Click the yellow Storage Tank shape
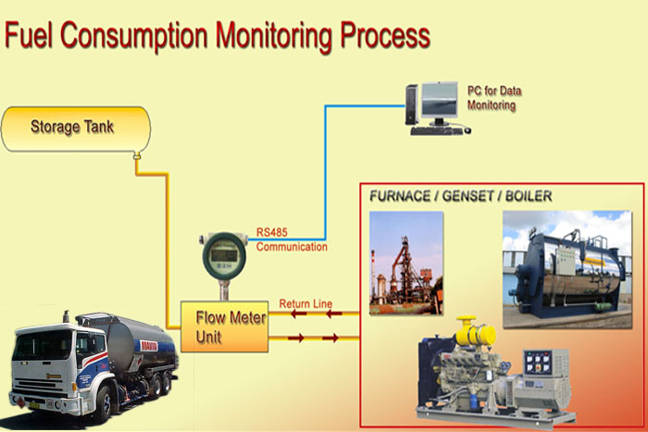(x=74, y=129)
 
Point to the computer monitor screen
(x=438, y=101)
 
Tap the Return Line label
(x=305, y=303)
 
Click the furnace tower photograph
(x=405, y=263)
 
